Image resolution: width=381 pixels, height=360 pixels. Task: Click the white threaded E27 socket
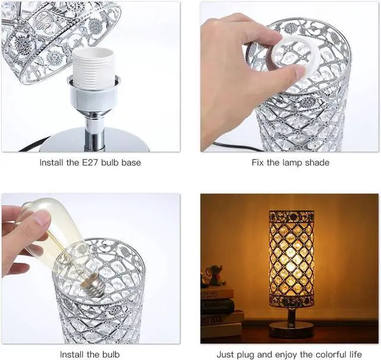click(x=93, y=68)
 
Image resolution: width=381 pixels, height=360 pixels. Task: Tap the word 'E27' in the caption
click(x=88, y=162)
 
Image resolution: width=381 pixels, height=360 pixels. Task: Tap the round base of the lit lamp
click(x=291, y=329)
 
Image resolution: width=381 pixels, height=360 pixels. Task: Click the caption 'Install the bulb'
click(x=90, y=354)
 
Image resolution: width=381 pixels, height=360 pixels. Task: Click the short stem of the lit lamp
click(x=291, y=314)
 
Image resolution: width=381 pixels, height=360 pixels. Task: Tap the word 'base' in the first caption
click(x=130, y=162)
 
